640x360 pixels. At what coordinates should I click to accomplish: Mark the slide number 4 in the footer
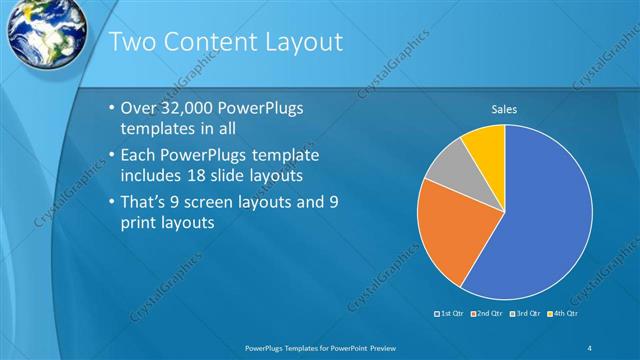tap(589, 347)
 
